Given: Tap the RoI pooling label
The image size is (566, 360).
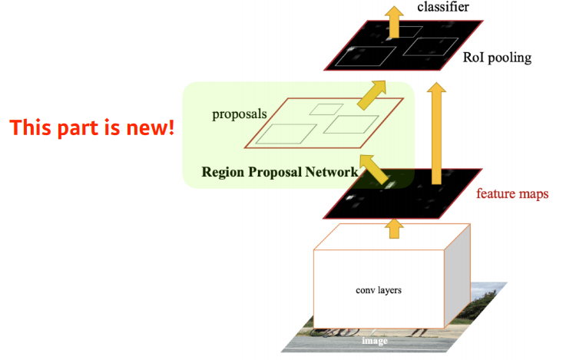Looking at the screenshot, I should click(x=498, y=58).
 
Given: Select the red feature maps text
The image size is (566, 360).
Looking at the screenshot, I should click(x=512, y=193).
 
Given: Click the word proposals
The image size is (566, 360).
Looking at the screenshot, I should click(x=239, y=114).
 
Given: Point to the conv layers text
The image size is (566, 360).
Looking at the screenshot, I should click(x=379, y=290).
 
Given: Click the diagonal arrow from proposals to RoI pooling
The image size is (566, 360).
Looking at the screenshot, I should click(x=374, y=94).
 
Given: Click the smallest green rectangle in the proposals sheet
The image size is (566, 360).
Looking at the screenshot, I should click(x=326, y=109).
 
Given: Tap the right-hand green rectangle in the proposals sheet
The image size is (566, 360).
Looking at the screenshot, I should click(x=351, y=124).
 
